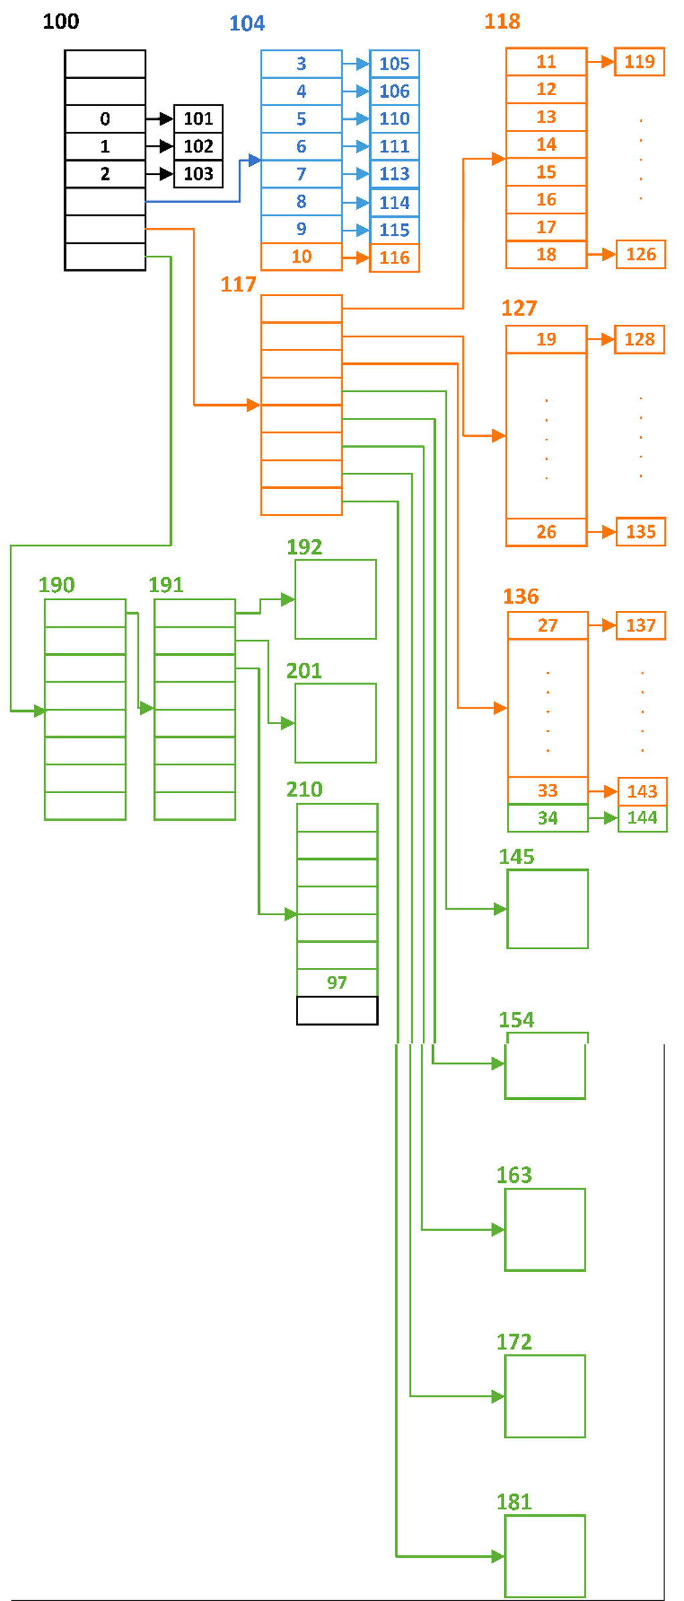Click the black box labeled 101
click(198, 119)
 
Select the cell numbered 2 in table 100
click(105, 174)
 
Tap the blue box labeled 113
click(395, 174)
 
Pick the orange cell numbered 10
click(301, 257)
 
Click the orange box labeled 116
click(395, 258)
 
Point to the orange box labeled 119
click(640, 62)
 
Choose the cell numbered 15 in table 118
click(546, 172)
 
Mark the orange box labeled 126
click(641, 255)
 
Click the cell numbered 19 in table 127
click(546, 340)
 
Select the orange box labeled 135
click(641, 532)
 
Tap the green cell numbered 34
click(547, 818)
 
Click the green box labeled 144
click(642, 818)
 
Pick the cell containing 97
click(337, 983)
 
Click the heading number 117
click(238, 285)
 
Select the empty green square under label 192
click(336, 600)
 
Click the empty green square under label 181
click(545, 1556)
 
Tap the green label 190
click(56, 585)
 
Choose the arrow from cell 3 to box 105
click(356, 64)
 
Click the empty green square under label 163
click(545, 1230)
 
